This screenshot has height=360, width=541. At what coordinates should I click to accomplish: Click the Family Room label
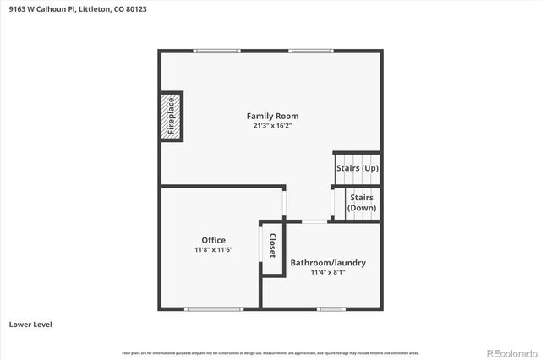tap(272, 116)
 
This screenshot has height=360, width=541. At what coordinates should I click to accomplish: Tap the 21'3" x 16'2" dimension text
tap(272, 126)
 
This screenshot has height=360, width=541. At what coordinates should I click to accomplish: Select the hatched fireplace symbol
tap(171, 116)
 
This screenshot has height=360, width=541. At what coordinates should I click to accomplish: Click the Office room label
tap(213, 240)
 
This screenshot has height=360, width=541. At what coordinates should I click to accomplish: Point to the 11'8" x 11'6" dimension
tap(213, 250)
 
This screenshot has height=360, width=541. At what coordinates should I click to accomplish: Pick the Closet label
tap(272, 247)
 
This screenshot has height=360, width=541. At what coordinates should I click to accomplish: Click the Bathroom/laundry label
tap(328, 262)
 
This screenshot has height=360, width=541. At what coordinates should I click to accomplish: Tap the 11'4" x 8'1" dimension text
tap(328, 272)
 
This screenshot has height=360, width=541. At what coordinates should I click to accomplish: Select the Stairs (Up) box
tap(357, 168)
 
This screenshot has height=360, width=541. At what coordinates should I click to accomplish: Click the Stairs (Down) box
tap(362, 203)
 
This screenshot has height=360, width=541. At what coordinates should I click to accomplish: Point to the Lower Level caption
tap(32, 324)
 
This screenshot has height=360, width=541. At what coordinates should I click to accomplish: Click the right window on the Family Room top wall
tap(309, 51)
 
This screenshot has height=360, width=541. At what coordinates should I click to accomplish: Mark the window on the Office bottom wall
tap(213, 309)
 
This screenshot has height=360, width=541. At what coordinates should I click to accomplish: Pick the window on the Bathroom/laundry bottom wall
tap(331, 309)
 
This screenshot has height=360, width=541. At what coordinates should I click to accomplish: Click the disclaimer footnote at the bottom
tap(270, 352)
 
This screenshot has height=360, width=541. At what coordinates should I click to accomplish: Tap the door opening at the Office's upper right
tap(285, 202)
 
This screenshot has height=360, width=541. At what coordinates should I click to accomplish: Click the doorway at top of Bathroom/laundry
tap(314, 221)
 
